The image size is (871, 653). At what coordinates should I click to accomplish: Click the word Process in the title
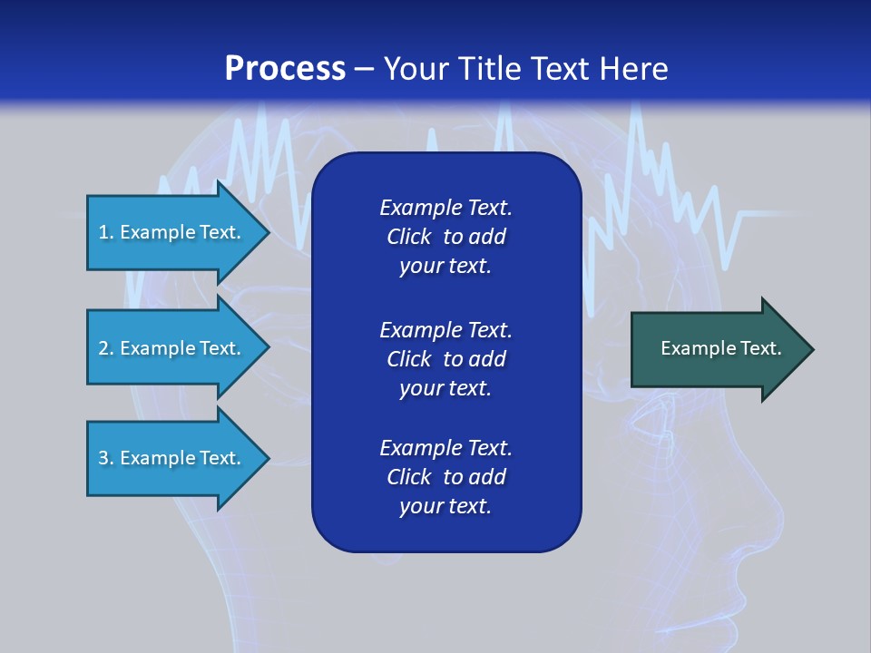tap(285, 69)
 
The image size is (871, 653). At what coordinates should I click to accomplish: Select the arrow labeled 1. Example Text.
tap(172, 232)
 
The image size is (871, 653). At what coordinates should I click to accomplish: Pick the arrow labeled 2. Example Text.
tap(172, 348)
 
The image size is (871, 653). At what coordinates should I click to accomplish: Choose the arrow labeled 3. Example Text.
tap(172, 458)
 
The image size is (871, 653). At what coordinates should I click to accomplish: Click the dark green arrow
tap(717, 349)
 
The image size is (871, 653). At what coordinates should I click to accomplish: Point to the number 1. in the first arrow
tap(106, 232)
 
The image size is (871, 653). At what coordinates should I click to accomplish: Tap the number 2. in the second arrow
tap(106, 348)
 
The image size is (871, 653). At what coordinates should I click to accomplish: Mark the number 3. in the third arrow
tap(106, 458)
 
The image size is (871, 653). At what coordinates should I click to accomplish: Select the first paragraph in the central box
tap(445, 237)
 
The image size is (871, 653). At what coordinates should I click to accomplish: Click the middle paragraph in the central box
tap(445, 359)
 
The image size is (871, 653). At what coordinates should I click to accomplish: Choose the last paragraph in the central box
tap(445, 477)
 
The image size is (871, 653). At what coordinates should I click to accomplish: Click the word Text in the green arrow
tap(760, 348)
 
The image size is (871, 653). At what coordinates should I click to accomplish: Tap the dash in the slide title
tap(364, 69)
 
